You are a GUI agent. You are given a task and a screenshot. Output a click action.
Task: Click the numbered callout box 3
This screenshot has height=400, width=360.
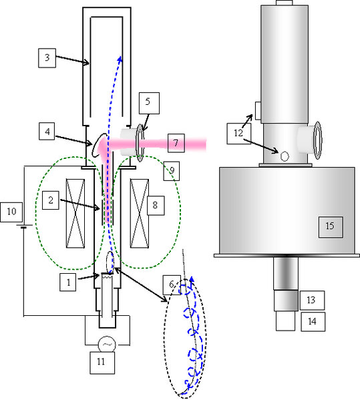click(x=47, y=58)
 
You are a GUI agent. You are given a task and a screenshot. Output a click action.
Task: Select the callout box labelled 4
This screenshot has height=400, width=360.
click(x=47, y=132)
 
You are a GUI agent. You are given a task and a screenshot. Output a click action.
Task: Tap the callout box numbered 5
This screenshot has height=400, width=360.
click(x=149, y=103)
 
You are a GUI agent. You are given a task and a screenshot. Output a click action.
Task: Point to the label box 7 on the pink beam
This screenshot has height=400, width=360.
click(x=176, y=143)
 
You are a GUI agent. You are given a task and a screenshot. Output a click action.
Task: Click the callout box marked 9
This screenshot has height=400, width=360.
click(x=172, y=171)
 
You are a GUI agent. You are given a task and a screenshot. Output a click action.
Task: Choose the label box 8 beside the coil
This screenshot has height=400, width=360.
click(x=156, y=206)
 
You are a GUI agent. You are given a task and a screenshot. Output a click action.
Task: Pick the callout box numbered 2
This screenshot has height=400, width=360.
click(x=51, y=200)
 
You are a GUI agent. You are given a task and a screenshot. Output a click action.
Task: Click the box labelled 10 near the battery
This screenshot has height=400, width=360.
click(x=11, y=212)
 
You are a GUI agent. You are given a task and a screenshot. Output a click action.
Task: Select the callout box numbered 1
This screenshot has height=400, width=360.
click(x=68, y=282)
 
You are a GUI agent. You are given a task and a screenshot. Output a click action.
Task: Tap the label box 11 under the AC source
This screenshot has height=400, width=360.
click(x=102, y=363)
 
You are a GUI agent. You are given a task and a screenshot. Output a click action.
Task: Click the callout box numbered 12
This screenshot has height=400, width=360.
click(x=239, y=134)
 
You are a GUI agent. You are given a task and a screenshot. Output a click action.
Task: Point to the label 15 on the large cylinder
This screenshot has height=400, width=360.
click(x=331, y=227)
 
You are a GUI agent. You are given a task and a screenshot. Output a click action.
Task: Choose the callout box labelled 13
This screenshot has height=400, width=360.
click(x=312, y=301)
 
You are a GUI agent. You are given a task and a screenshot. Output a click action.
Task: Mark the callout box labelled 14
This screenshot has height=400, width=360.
click(x=313, y=322)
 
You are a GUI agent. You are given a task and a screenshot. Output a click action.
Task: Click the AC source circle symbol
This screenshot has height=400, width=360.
click(x=107, y=345)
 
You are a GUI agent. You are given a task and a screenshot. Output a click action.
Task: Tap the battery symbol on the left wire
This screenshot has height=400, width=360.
click(x=24, y=226)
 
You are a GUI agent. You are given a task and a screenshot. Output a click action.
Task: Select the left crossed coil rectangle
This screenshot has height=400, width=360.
click(x=75, y=213)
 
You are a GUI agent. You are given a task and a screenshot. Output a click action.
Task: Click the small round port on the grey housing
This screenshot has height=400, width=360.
click(x=285, y=156)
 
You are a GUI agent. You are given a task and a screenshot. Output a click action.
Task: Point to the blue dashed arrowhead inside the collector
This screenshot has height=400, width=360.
click(x=120, y=59)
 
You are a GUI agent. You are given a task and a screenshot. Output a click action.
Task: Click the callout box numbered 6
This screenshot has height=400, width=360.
click(x=172, y=284)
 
